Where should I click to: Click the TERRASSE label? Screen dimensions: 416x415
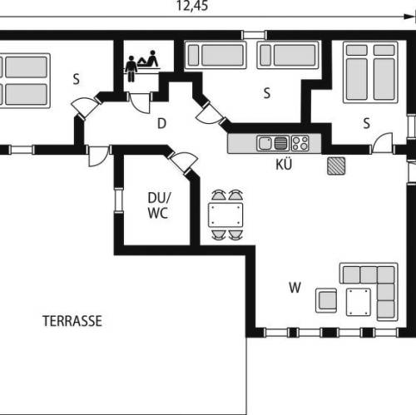coord(72,321)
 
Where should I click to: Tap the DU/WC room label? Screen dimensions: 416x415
coord(159,205)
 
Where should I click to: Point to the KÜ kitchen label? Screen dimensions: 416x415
coord(284,164)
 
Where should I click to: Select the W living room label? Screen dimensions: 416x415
coord(295,288)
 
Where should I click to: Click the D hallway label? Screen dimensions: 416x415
coord(161,123)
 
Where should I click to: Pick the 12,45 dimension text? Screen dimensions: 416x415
coord(192,6)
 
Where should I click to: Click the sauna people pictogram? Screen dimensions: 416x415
coord(141,66)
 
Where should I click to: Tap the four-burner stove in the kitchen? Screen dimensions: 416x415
coord(300,143)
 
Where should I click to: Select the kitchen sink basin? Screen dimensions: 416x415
coord(265,143)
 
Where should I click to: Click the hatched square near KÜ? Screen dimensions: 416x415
coord(336,166)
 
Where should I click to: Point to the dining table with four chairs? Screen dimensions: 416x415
coord(225,215)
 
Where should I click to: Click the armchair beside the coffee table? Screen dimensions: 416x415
coord(326,300)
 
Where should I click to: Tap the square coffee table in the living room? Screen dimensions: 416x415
coord(359,302)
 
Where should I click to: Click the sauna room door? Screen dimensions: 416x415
coord(140,102)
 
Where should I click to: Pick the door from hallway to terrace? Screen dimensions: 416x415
coord(98,156)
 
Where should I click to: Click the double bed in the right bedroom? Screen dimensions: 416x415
coord(370,72)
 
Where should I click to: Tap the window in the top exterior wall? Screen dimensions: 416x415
coord(255,35)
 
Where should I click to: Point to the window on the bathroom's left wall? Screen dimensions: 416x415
coord(119,200)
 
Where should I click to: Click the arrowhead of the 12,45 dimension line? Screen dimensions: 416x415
coord(409,17)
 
